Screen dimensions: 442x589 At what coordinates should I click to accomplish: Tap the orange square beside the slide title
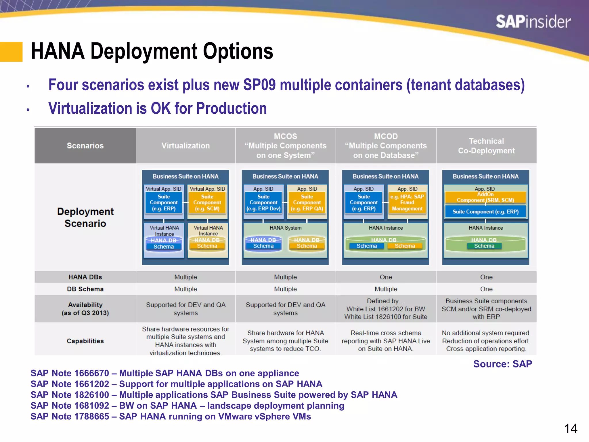pyautogui.click(x=11, y=52)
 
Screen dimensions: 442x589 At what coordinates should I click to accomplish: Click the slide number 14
pyautogui.click(x=571, y=429)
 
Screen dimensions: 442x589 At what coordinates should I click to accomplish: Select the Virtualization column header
pyautogui.click(x=186, y=146)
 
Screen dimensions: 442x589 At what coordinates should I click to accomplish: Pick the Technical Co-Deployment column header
pyautogui.click(x=486, y=146)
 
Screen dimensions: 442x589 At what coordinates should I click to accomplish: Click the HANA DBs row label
pyautogui.click(x=85, y=277)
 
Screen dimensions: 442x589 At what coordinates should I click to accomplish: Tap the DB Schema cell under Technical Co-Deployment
pyautogui.click(x=486, y=289)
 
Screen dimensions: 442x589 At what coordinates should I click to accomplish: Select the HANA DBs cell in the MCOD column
pyautogui.click(x=386, y=277)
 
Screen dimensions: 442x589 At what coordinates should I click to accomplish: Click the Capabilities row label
pyautogui.click(x=85, y=341)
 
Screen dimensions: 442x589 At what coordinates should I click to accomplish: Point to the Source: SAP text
pyautogui.click(x=502, y=364)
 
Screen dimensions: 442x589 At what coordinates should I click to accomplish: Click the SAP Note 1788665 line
pyautogui.click(x=171, y=416)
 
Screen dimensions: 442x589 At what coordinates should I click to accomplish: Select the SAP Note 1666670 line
pyautogui.click(x=165, y=373)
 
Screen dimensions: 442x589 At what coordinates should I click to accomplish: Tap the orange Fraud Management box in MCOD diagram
pyautogui.click(x=407, y=203)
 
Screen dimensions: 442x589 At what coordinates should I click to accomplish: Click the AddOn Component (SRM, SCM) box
pyautogui.click(x=485, y=197)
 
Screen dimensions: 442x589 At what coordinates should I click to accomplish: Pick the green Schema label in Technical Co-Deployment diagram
pyautogui.click(x=484, y=246)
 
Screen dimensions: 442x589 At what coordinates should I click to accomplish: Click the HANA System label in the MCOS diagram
pyautogui.click(x=285, y=228)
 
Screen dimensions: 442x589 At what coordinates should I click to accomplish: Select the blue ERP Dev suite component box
pyautogui.click(x=263, y=203)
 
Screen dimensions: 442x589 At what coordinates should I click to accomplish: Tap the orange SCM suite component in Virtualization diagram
pyautogui.click(x=207, y=203)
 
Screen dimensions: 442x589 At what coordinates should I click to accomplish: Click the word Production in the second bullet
pyautogui.click(x=231, y=109)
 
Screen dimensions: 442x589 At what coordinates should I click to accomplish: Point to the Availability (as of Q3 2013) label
pyautogui.click(x=85, y=309)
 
